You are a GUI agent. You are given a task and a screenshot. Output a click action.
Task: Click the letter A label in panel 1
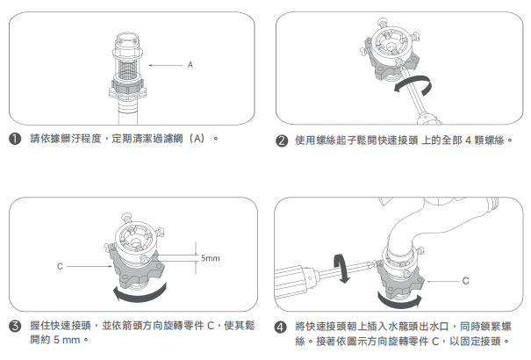pyautogui.click(x=190, y=65)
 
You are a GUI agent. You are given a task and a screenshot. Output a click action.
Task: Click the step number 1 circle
pyautogui.click(x=15, y=139)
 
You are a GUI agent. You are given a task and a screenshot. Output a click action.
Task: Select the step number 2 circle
pyautogui.click(x=282, y=140)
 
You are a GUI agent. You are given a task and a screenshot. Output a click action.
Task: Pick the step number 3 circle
pyautogui.click(x=15, y=326)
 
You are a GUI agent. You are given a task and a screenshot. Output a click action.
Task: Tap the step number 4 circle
pyautogui.click(x=280, y=328)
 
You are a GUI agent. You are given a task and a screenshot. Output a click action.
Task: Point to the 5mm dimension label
pyautogui.click(x=211, y=258)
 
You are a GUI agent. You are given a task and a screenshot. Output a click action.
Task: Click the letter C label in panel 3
pyautogui.click(x=60, y=267)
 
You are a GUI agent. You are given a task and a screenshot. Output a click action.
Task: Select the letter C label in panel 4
pyautogui.click(x=466, y=281)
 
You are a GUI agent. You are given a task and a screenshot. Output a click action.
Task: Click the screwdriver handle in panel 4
pyautogui.click(x=294, y=282)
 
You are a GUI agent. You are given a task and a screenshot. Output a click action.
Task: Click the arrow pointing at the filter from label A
pyautogui.click(x=166, y=65)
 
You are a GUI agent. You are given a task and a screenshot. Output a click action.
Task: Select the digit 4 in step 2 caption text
pyautogui.click(x=469, y=140)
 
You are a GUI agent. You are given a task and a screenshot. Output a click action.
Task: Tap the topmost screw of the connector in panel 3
pyautogui.click(x=126, y=217)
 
